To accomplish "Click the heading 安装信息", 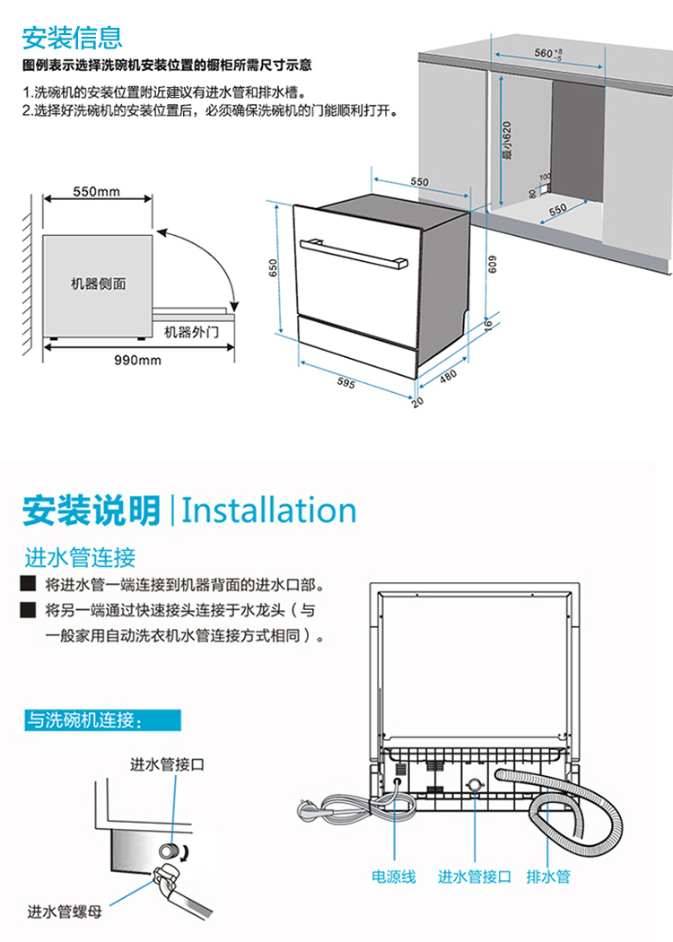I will pyautogui.click(x=72, y=38).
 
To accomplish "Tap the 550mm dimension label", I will pyautogui.click(x=96, y=192).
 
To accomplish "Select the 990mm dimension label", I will pyautogui.click(x=137, y=361).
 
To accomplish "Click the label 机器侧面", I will pyautogui.click(x=99, y=284).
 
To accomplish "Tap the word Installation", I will pyautogui.click(x=269, y=510).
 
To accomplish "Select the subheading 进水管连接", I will pyautogui.click(x=80, y=558).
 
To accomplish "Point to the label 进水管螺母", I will pyautogui.click(x=65, y=912).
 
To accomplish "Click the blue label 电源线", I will pyautogui.click(x=394, y=877).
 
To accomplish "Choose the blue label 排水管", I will pyautogui.click(x=548, y=877).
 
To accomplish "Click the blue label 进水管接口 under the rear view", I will pyautogui.click(x=475, y=877).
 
